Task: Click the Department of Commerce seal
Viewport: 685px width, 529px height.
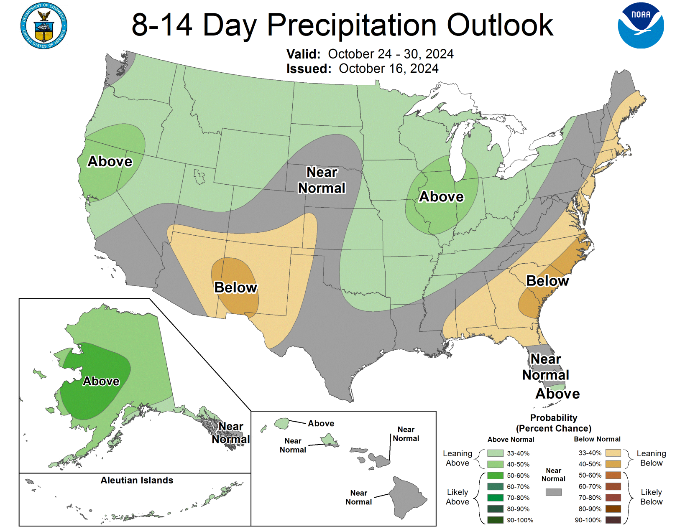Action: click(x=43, y=26)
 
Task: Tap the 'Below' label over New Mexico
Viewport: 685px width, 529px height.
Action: click(x=235, y=287)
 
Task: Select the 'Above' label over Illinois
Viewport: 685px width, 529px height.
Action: click(x=441, y=197)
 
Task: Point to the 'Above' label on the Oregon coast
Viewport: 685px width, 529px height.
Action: click(x=110, y=161)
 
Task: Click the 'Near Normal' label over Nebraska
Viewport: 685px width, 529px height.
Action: click(x=322, y=180)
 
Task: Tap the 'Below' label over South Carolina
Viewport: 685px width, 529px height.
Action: click(x=547, y=281)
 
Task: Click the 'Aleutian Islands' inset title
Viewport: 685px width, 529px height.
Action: click(x=137, y=481)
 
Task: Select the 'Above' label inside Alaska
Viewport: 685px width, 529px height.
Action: click(x=101, y=381)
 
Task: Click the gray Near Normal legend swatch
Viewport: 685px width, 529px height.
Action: click(x=553, y=492)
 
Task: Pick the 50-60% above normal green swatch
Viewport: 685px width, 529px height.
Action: click(x=495, y=476)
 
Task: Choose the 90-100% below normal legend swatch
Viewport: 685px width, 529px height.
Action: click(x=613, y=520)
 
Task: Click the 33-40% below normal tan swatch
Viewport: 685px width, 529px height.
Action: click(x=613, y=453)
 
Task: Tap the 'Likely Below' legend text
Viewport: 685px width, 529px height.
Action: click(x=651, y=497)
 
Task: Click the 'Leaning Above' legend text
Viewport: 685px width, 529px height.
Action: click(x=457, y=458)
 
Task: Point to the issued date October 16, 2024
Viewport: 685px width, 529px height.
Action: click(x=388, y=69)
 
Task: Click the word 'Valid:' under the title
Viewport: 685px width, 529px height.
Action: click(x=303, y=54)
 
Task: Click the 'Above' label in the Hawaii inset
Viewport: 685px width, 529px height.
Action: click(x=321, y=423)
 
